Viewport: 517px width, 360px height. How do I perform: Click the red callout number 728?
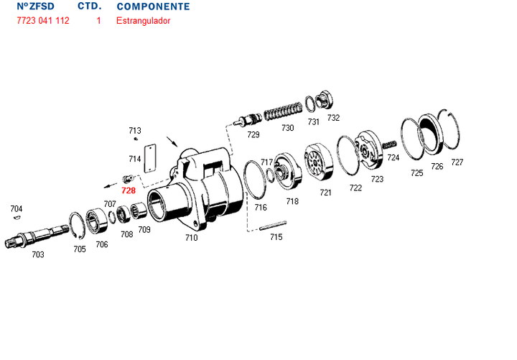click(x=128, y=190)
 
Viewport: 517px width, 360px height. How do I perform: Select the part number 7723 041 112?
click(x=43, y=21)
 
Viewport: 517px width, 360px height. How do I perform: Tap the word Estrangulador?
click(x=144, y=21)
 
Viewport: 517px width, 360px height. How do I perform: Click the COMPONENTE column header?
click(x=153, y=6)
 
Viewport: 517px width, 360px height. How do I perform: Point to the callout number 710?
click(x=191, y=237)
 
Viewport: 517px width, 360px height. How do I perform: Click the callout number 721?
click(x=325, y=192)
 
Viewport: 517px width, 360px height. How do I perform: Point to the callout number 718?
click(x=292, y=201)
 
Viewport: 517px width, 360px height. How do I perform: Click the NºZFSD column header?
click(x=35, y=6)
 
